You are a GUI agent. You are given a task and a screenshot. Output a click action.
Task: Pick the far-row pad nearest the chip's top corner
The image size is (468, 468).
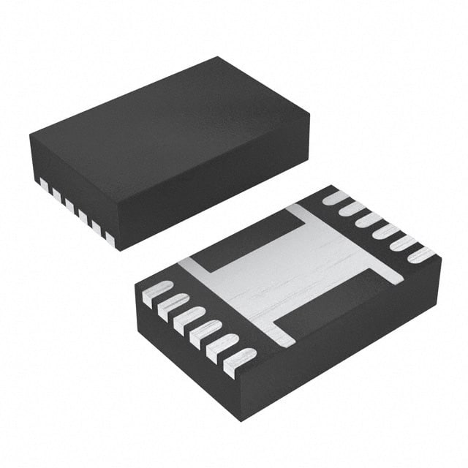[x=336, y=197]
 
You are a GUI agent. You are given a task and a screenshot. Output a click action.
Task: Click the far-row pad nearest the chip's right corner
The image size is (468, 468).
[x=420, y=256]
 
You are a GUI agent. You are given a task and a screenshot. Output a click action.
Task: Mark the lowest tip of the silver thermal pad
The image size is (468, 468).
[x=287, y=342]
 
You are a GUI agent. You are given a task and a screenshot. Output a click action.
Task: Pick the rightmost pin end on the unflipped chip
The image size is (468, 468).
[x=110, y=238]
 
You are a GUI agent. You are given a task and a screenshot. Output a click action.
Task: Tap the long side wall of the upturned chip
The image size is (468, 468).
[x=344, y=344]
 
